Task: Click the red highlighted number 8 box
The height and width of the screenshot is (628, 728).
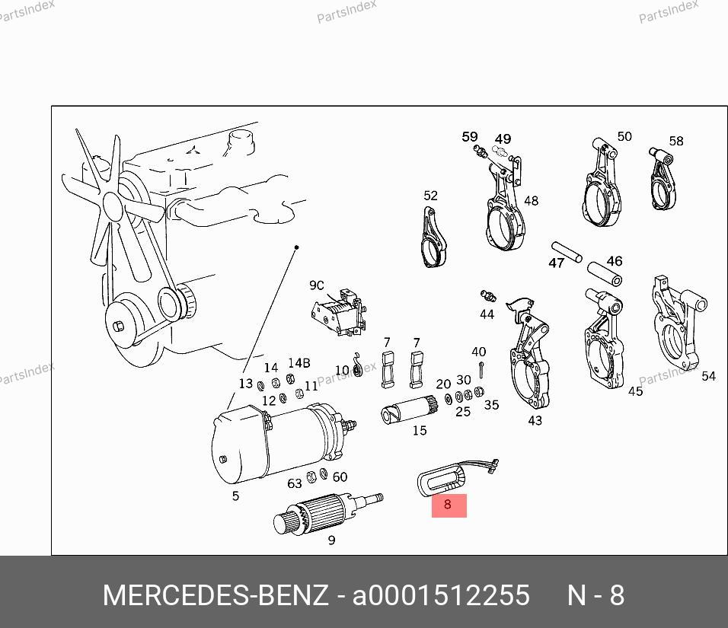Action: pos(449,505)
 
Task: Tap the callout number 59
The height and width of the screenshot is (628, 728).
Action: pos(469,136)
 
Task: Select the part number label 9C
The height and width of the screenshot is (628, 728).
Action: pos(317,285)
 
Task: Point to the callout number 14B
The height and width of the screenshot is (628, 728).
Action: pos(299,362)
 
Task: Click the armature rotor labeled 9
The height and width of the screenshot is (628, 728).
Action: pos(327,512)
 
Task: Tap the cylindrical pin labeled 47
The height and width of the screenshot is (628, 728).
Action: pos(567,251)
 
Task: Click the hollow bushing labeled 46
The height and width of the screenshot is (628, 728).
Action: pos(605,274)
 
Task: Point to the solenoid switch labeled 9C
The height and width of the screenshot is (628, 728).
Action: pos(340,312)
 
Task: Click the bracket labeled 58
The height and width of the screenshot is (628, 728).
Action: pos(663,179)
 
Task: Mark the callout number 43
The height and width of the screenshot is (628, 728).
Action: pos(535,420)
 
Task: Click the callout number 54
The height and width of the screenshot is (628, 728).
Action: pos(708,376)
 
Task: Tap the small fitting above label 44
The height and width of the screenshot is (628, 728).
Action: pos(488,295)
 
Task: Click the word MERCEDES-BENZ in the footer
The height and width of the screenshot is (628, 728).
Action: pos(216,595)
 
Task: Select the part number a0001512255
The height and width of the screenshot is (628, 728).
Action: pos(441,595)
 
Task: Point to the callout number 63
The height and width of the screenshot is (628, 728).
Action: pos(295,483)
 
